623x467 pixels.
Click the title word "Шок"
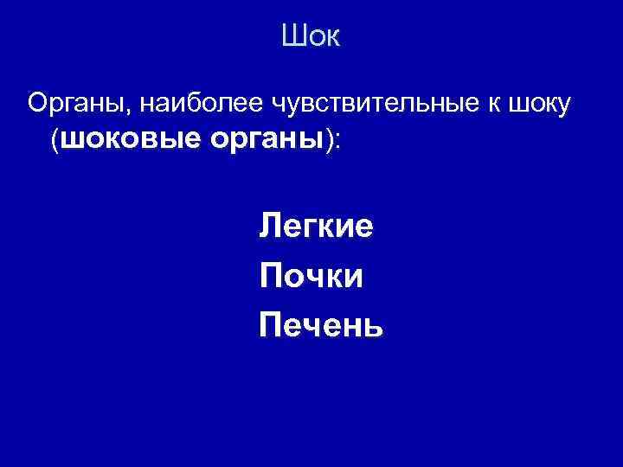point(311,37)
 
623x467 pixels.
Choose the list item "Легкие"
point(316,227)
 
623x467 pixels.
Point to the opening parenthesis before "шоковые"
point(55,141)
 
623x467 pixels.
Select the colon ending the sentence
point(337,144)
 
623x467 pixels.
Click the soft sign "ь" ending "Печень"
point(373,327)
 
